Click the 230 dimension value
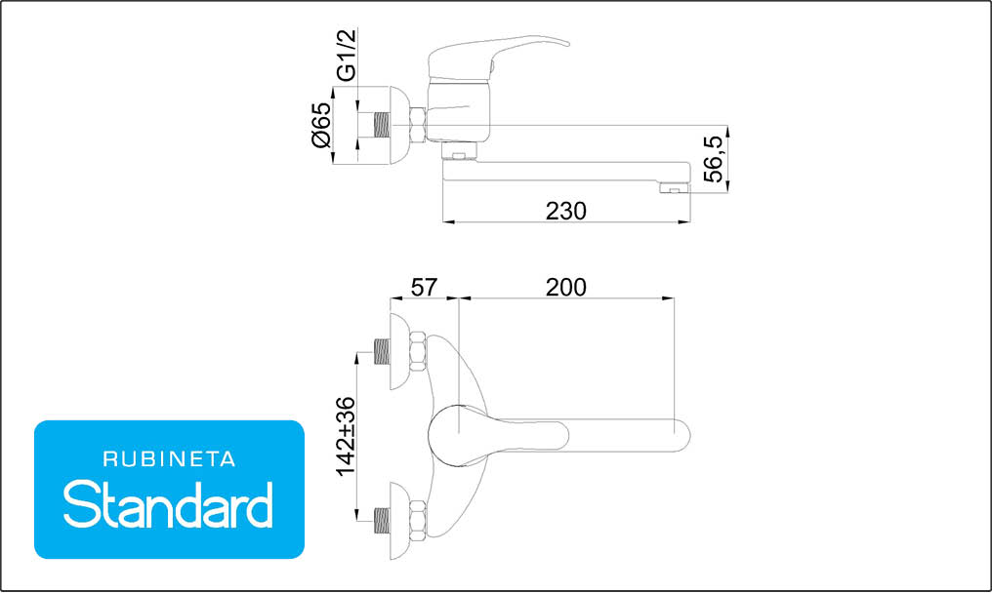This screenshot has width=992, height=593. point(565,211)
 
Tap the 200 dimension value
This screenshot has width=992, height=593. point(565,287)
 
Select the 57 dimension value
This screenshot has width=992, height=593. point(423,287)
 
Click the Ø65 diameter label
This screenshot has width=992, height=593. point(321,125)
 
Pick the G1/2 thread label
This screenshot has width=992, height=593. point(347,55)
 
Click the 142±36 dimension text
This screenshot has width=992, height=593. point(346,437)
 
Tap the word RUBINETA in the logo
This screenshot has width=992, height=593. point(169,459)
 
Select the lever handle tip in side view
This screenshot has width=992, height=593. point(565,44)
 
